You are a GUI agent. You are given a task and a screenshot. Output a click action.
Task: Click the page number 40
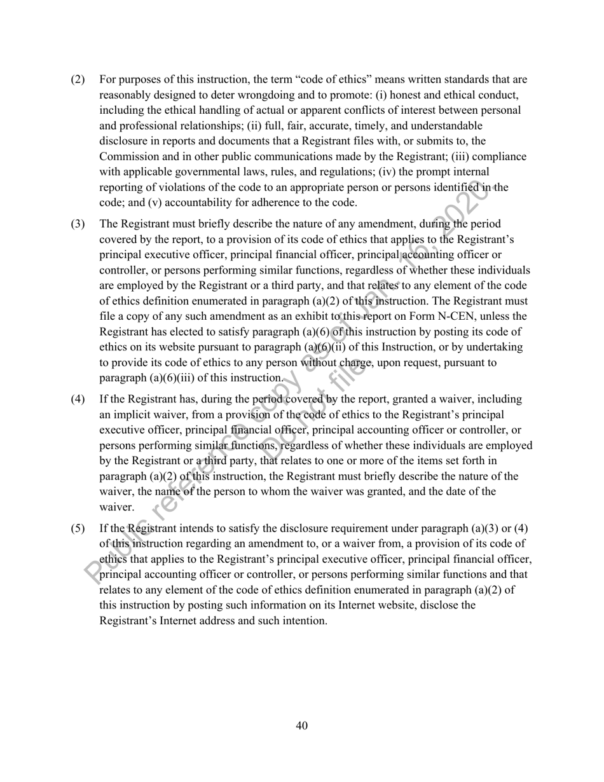click(x=302, y=725)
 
